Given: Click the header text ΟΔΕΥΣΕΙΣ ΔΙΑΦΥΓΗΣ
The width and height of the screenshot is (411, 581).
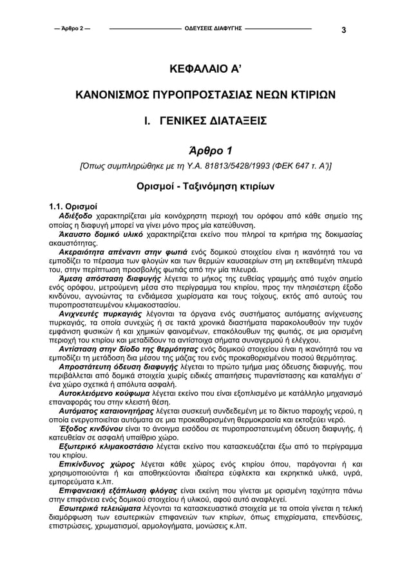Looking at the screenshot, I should point(213,29).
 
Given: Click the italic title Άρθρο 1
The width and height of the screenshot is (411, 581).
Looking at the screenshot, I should point(205,152).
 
